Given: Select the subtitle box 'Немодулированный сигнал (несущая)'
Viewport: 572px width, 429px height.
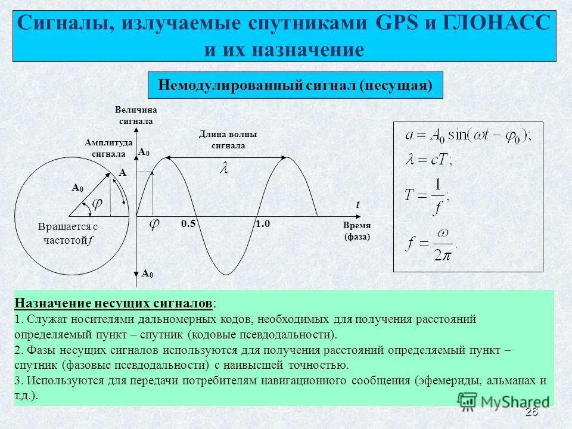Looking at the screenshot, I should [x=295, y=85].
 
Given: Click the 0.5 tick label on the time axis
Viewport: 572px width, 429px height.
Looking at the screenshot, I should [x=188, y=224].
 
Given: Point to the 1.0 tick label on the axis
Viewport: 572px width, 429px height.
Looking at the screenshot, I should [x=263, y=224].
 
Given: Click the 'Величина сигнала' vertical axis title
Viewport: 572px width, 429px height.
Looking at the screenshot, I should [x=136, y=116].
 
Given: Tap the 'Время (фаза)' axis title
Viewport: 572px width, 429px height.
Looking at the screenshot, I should [x=357, y=231].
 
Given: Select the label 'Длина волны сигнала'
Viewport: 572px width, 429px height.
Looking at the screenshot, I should [x=228, y=140].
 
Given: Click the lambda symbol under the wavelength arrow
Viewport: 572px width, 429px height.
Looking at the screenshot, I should [x=224, y=169].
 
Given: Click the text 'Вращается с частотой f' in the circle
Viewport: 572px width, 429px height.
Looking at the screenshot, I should [x=67, y=234].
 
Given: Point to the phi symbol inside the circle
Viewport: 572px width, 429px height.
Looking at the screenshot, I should [x=96, y=204].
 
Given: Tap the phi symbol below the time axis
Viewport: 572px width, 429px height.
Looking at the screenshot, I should [x=154, y=226].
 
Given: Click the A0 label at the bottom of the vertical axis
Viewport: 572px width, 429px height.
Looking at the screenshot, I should [x=147, y=273].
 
